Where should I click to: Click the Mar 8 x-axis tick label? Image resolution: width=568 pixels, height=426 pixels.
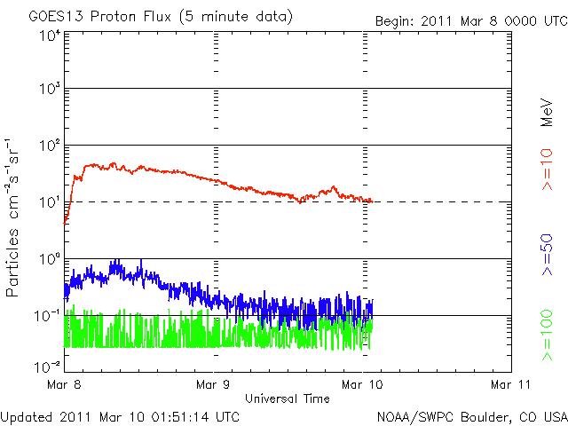pos(64,384)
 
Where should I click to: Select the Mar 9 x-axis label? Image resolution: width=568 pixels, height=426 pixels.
pos(214,384)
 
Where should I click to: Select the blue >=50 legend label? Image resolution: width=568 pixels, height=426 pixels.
pos(548,256)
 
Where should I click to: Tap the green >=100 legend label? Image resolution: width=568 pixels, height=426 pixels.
pos(548,336)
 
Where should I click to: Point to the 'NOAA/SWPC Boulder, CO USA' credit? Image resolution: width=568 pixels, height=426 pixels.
pos(471,415)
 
